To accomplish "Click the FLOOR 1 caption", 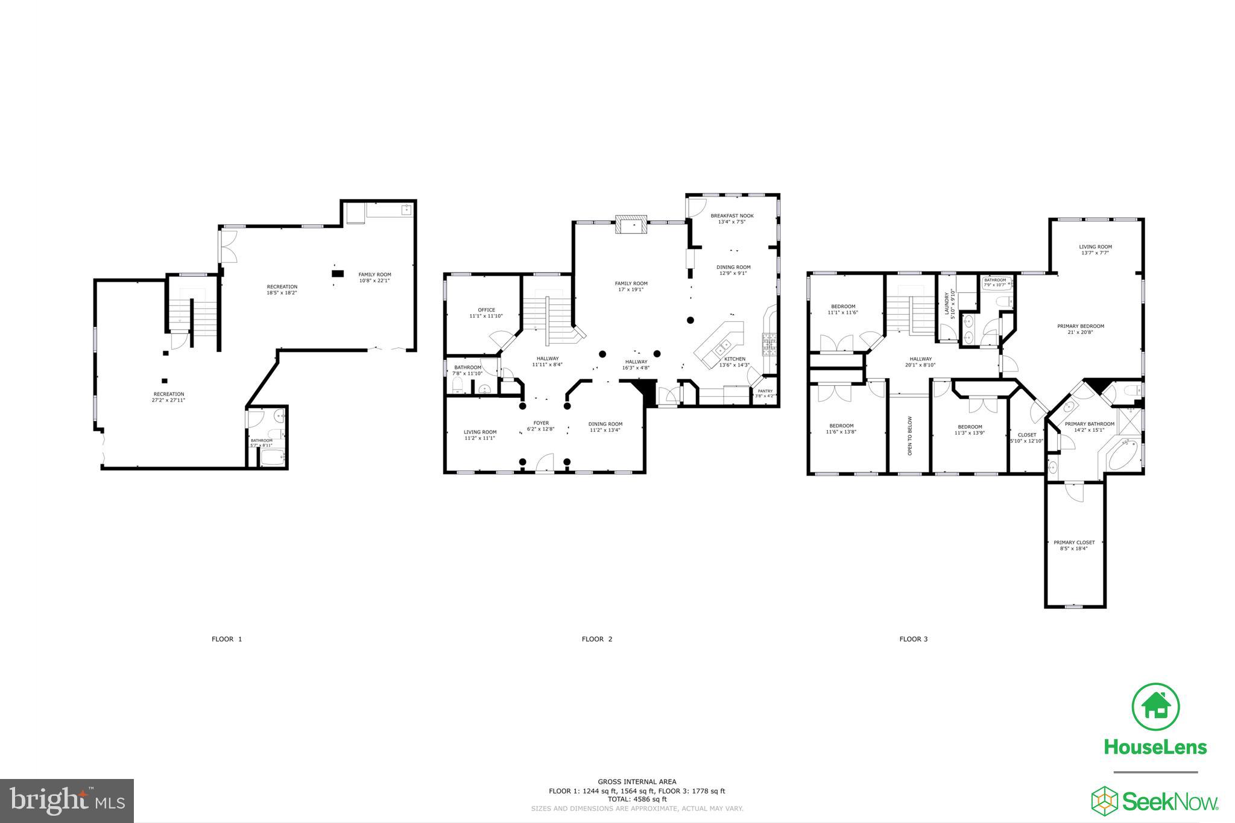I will (x=227, y=639).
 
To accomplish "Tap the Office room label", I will (x=486, y=313).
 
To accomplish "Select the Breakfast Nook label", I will (x=731, y=218).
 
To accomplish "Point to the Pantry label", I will (x=764, y=393).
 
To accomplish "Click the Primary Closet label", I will (x=1074, y=545).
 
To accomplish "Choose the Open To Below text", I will (x=910, y=435).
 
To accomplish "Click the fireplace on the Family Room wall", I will (x=631, y=225).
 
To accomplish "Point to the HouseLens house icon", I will (x=1155, y=707).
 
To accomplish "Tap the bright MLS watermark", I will (x=67, y=801).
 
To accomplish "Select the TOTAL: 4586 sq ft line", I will (x=637, y=799).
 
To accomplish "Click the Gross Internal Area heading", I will (x=637, y=781).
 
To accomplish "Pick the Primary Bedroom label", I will (x=1080, y=329).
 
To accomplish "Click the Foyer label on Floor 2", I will (x=541, y=426).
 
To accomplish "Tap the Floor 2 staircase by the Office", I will (x=548, y=311).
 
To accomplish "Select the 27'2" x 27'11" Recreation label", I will (x=169, y=397).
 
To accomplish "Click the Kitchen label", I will (x=734, y=361).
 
